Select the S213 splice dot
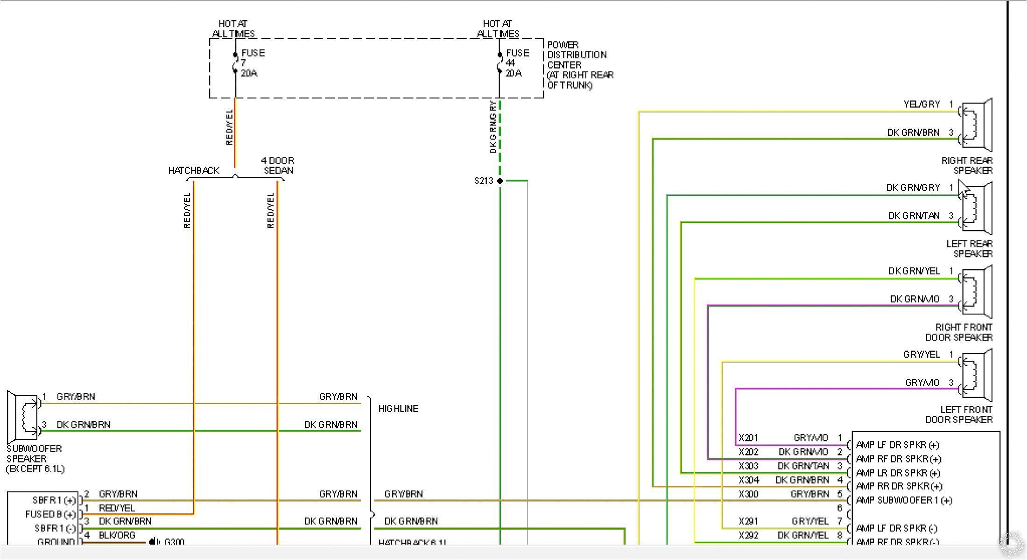tap(499, 181)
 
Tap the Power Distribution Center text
tap(579, 65)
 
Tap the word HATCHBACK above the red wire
tap(194, 171)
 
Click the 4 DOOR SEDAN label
tap(278, 165)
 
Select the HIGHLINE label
tap(398, 409)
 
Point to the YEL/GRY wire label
tap(921, 105)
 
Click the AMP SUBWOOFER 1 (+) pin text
tap(904, 501)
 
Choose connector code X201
tap(748, 438)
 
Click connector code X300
tap(748, 494)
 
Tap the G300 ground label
tap(174, 542)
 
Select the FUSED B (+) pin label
tap(50, 514)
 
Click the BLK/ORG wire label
tap(117, 535)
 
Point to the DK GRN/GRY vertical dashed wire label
tap(492, 127)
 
